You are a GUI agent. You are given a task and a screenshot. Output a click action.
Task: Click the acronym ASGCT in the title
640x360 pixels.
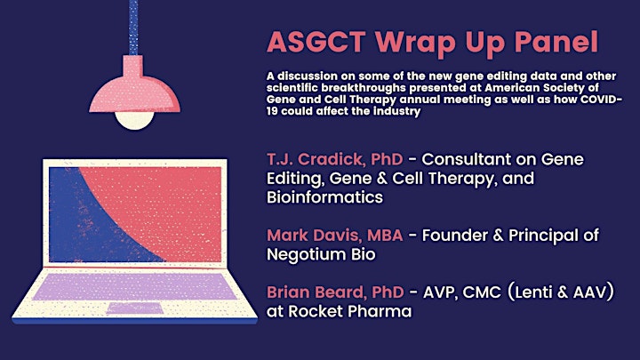click(316, 42)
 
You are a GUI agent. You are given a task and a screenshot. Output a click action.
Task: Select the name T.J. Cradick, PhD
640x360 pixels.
click(335, 160)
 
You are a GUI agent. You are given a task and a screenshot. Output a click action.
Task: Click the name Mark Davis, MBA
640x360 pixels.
click(335, 235)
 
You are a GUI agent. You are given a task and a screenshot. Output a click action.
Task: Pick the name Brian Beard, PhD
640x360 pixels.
click(335, 292)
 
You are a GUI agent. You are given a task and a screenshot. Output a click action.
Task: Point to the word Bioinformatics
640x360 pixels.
click(325, 197)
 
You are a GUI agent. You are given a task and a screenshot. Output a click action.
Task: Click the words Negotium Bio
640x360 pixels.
click(321, 254)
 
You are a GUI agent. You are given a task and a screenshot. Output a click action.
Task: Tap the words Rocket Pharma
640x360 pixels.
click(350, 311)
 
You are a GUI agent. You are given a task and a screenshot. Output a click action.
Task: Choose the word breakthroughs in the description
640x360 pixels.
click(364, 88)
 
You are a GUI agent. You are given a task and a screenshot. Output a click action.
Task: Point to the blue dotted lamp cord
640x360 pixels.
click(133, 28)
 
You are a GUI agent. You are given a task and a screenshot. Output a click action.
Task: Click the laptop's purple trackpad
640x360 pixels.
click(135, 308)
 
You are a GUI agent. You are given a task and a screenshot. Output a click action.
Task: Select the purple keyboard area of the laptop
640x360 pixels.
click(135, 286)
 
